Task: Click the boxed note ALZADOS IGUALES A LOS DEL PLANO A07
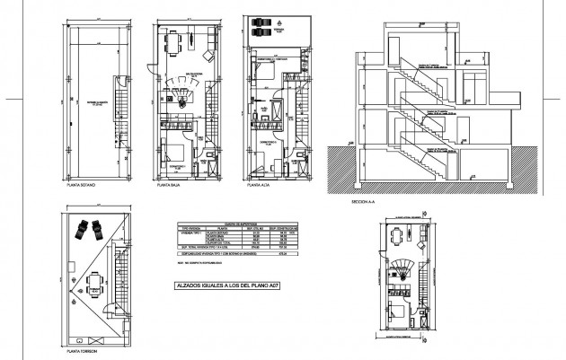(224, 286)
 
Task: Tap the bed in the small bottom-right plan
(397, 315)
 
